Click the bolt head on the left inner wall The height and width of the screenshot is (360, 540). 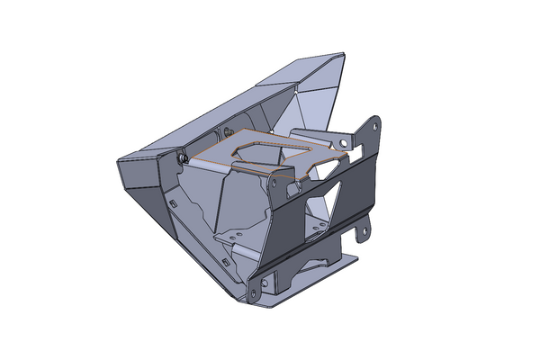(x=184, y=158)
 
